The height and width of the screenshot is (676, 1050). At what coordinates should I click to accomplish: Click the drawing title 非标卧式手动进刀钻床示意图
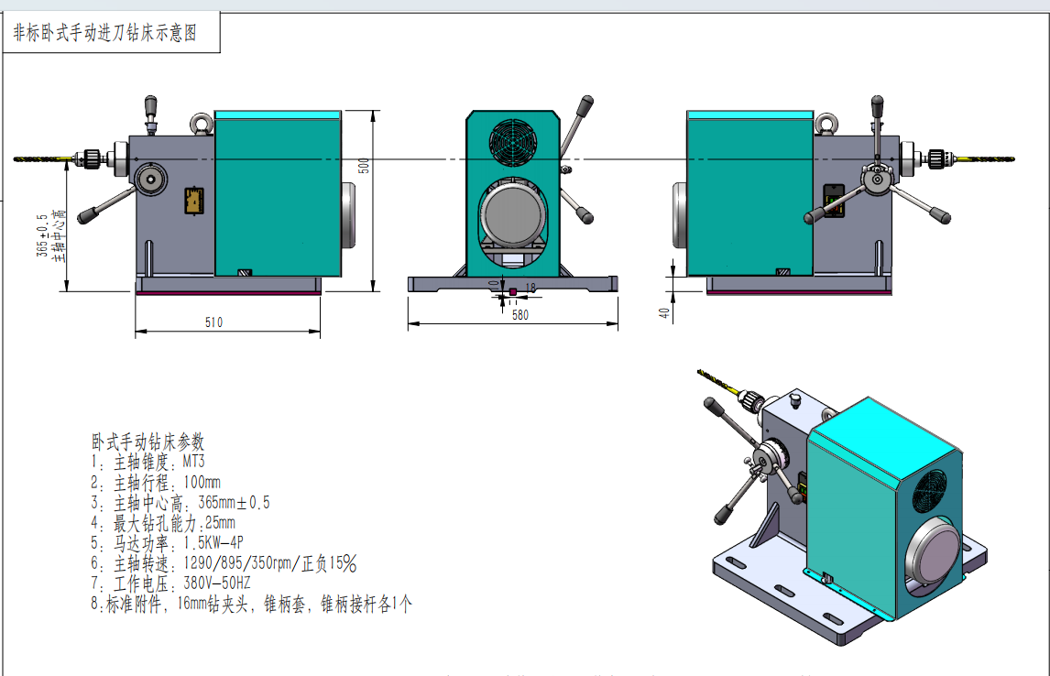(105, 33)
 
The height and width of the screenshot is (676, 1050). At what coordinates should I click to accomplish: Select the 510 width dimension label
(213, 322)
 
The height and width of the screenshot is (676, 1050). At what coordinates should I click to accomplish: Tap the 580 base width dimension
(520, 314)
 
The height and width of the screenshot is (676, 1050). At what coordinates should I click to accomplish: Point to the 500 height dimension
(364, 166)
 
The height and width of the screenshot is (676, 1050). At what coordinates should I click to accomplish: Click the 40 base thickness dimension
(663, 312)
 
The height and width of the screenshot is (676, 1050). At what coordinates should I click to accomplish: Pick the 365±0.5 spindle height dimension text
(42, 235)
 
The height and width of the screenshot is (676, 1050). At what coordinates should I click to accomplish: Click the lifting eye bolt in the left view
(201, 123)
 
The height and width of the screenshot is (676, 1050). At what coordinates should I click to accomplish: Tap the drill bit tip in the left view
(15, 158)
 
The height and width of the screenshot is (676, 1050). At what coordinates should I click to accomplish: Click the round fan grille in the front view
(513, 142)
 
